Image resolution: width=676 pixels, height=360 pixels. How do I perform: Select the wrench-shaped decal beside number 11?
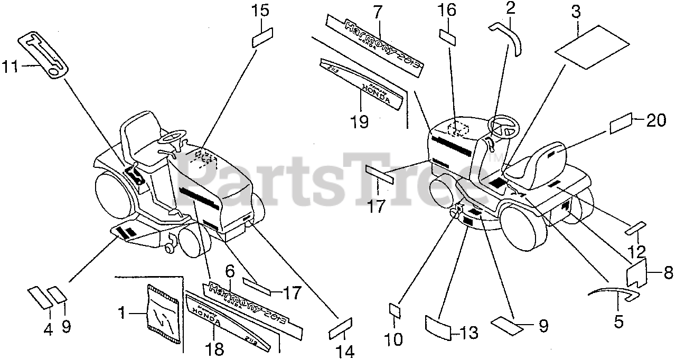coord(47,55)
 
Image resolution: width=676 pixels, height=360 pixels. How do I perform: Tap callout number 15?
coord(260,11)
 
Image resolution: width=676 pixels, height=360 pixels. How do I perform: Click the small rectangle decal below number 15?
coord(261,39)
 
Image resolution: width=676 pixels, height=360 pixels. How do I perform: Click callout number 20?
coord(656,121)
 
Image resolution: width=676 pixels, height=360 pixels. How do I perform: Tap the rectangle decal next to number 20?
coord(621,125)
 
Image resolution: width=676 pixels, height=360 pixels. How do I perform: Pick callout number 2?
coord(510,8)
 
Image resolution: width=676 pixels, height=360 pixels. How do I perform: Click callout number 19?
coord(360,121)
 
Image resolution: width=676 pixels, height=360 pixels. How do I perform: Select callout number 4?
coord(48,329)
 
